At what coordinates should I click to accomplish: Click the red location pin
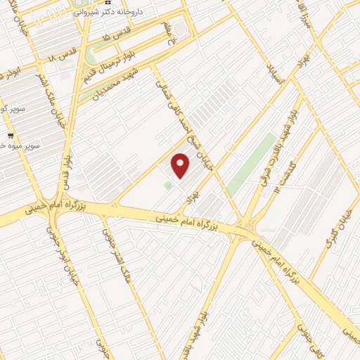(x=181, y=164)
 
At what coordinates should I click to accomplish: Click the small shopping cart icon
(x=10, y=135)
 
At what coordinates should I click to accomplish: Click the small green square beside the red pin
(x=167, y=185)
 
